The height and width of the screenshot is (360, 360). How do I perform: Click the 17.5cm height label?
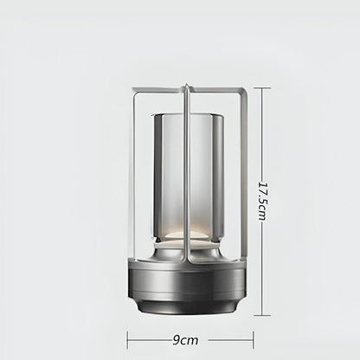click(262, 201)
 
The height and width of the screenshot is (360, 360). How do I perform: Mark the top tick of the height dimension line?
click(262, 87)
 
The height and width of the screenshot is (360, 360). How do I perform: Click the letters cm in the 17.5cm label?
click(262, 216)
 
